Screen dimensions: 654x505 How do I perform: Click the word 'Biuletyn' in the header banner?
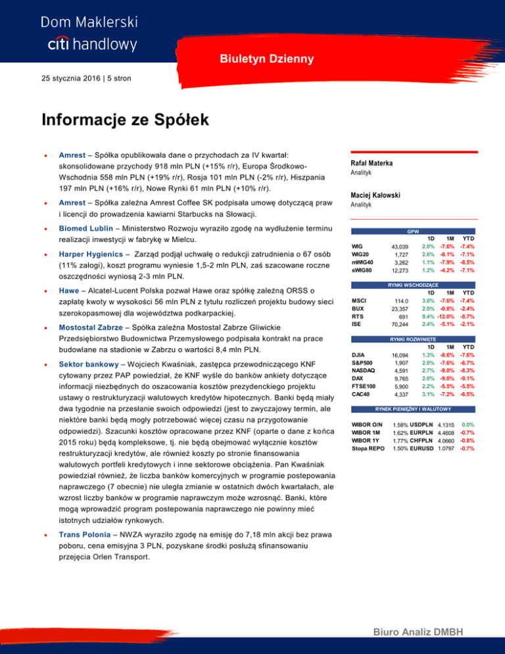(x=240, y=59)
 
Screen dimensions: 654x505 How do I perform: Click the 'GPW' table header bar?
(x=414, y=232)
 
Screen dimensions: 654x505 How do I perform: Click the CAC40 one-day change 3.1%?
(x=427, y=395)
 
